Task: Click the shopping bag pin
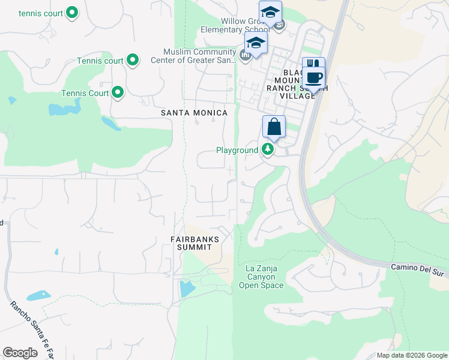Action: (274, 127)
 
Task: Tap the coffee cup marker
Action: (313, 77)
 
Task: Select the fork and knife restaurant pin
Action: (313, 64)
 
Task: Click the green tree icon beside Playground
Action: (267, 150)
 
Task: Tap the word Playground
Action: (237, 150)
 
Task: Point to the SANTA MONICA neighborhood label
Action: (194, 113)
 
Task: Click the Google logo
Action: (20, 353)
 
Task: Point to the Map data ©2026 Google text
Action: (411, 355)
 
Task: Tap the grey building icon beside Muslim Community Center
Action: (245, 56)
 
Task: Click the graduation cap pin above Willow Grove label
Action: (270, 13)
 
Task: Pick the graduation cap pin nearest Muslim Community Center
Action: (256, 43)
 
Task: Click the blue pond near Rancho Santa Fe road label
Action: (38, 296)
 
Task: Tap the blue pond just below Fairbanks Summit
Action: (187, 289)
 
